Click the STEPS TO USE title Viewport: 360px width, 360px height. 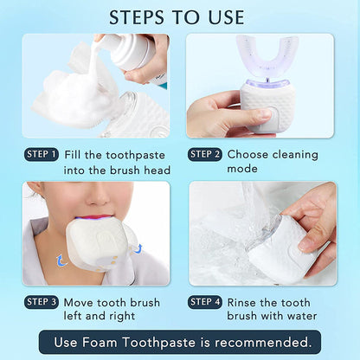(x=180, y=17)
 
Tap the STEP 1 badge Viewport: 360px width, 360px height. (x=42, y=155)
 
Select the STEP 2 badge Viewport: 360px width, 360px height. (x=205, y=155)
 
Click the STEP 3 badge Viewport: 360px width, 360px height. (x=42, y=301)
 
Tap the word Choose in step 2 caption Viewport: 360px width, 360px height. (x=251, y=155)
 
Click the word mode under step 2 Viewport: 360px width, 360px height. (x=244, y=170)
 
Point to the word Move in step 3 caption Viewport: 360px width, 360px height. (x=82, y=301)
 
